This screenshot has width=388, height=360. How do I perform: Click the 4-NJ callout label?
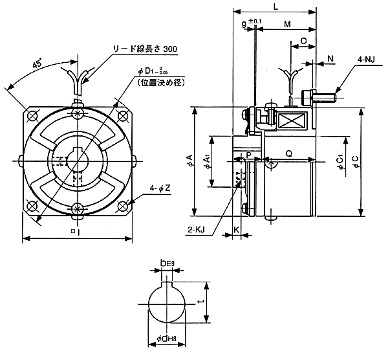pos(365,59)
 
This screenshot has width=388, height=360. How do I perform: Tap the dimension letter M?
pos(287,24)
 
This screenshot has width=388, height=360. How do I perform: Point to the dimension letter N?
pos(330,59)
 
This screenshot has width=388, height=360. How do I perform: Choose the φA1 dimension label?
pos(207,162)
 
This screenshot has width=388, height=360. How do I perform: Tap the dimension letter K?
pos(237,229)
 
